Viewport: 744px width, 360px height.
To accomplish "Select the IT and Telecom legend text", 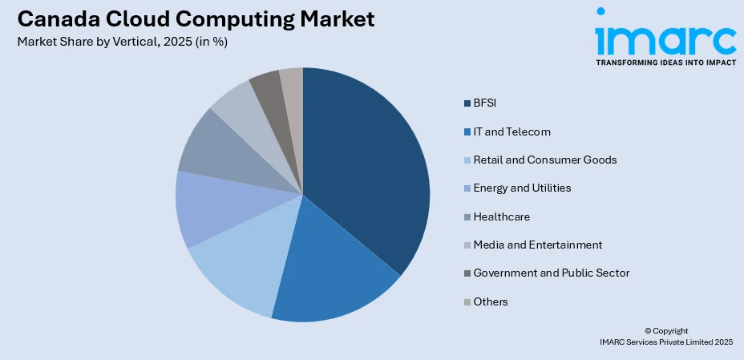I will (511, 131).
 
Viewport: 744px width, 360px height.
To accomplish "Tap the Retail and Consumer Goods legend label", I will (545, 160).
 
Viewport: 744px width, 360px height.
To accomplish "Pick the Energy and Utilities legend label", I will (522, 188).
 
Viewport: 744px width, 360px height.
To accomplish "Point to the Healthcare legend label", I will (501, 216).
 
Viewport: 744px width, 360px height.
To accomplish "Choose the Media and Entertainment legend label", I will (537, 245).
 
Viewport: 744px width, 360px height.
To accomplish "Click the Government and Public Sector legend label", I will (551, 273).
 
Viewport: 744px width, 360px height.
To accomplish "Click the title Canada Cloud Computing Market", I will (195, 19).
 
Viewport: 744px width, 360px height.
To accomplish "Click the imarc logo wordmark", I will (665, 37).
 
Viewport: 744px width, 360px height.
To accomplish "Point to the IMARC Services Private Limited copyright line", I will (666, 342).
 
